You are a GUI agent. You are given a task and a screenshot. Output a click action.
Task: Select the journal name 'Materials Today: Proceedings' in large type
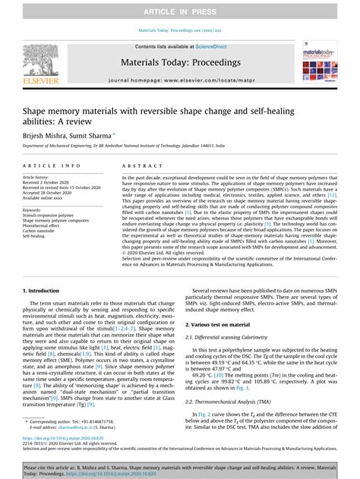click(180, 63)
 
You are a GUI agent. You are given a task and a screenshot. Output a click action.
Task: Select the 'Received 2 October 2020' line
click(52, 183)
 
